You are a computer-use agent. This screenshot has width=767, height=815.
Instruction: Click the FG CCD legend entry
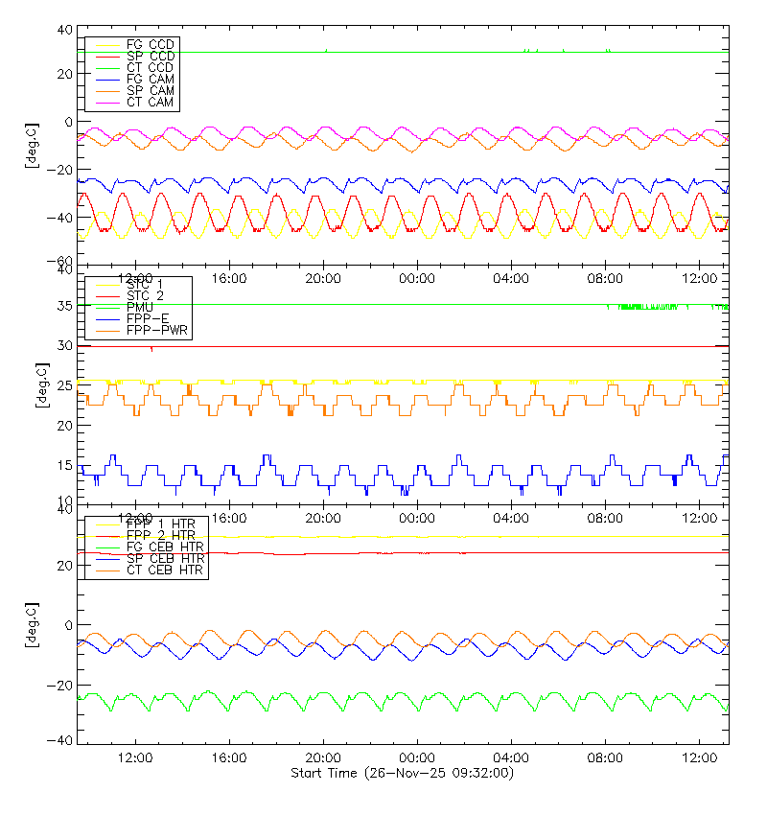(149, 45)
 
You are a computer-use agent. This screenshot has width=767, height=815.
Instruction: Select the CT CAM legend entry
(149, 103)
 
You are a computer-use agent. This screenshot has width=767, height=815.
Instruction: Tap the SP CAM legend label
(149, 91)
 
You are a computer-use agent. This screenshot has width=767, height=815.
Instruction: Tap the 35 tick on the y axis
(64, 306)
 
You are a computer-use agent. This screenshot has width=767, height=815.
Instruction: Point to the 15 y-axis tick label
(64, 465)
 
